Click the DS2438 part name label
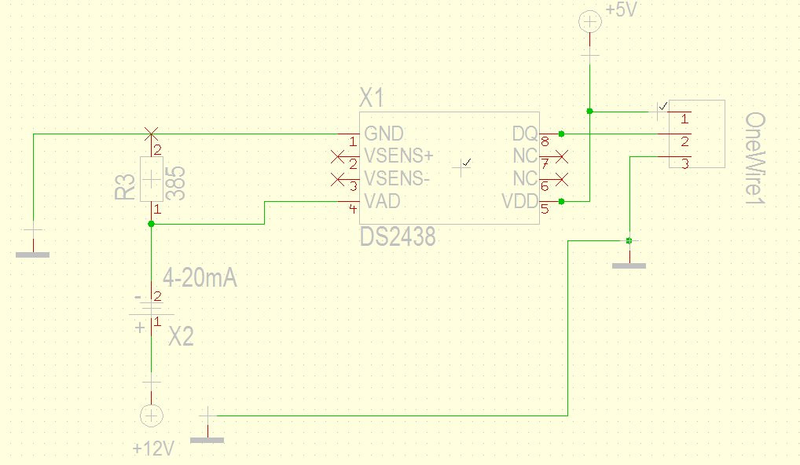(398, 236)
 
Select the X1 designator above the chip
(372, 97)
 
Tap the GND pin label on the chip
(383, 134)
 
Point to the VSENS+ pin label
(398, 155)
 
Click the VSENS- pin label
(397, 178)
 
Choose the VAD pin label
(382, 201)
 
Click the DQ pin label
(524, 134)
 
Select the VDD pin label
(520, 201)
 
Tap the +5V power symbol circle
(590, 22)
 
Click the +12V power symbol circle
(151, 416)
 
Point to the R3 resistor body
(152, 179)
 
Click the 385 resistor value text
(175, 183)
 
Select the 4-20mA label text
(200, 278)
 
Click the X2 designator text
(181, 336)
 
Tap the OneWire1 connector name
(755, 159)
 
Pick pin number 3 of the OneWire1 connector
(685, 163)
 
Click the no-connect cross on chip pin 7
(561, 156)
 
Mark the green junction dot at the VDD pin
(561, 201)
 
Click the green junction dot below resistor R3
(151, 224)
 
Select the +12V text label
(153, 449)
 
